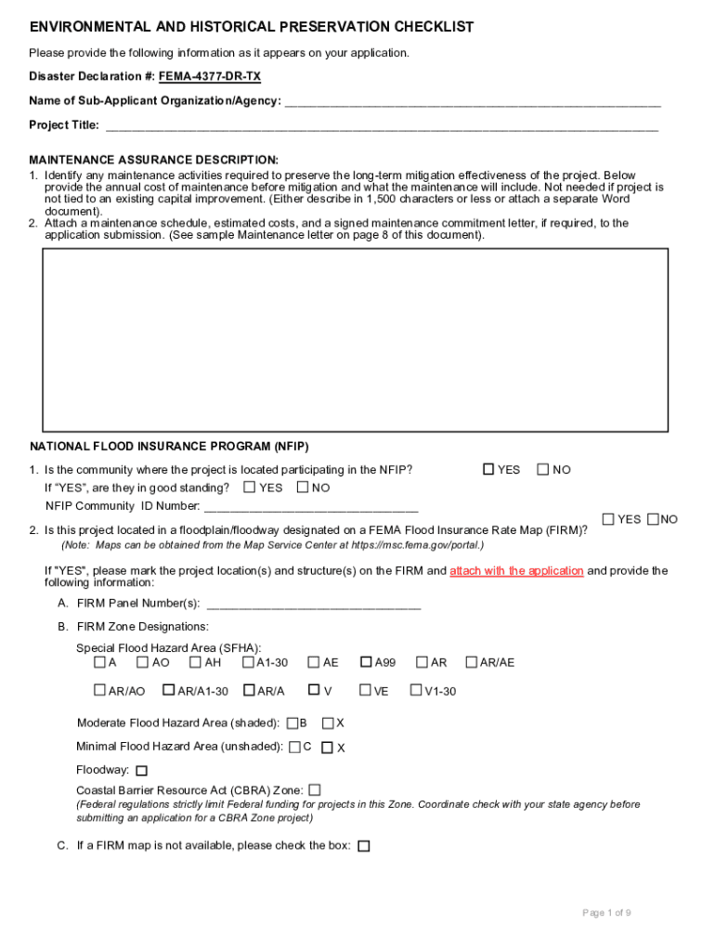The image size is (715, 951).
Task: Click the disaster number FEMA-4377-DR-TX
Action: pos(209,76)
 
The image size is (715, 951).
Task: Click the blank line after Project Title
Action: pos(382,126)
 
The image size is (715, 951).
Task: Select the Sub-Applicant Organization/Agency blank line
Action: pos(473,101)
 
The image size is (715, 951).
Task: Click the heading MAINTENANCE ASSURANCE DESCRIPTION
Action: pos(154,160)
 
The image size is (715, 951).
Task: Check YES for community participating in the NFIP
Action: pos(487,469)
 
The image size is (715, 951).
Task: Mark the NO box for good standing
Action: pos(303,487)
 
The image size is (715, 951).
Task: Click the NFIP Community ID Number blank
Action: pos(311,507)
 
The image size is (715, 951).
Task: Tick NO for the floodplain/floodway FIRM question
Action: pos(653,518)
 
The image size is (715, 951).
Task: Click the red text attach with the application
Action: pos(516,571)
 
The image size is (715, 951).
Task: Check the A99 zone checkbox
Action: pos(366,662)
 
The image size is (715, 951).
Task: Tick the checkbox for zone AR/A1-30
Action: pos(168,690)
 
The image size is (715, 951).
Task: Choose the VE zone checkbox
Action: pos(366,690)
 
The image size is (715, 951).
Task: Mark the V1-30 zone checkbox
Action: pos(415,690)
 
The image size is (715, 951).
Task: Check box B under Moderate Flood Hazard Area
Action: pos(292,723)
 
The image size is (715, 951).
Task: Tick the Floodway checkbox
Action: pos(141,771)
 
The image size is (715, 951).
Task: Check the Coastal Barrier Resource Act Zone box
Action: pos(315,789)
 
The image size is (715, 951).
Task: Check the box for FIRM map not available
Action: pos(363,846)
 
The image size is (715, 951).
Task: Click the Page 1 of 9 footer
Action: pos(606,913)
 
